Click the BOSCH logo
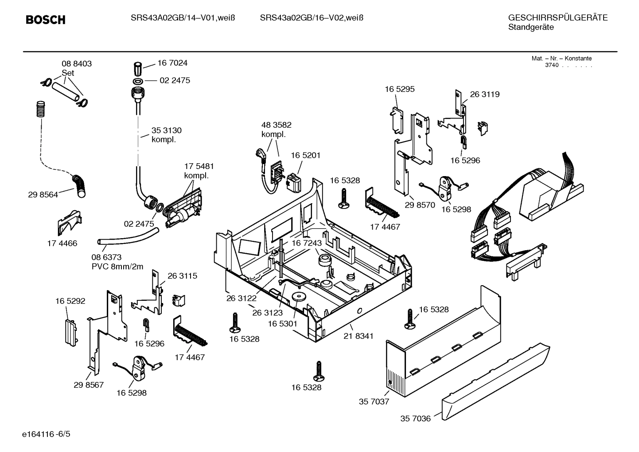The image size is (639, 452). [46, 20]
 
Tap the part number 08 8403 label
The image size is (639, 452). [77, 64]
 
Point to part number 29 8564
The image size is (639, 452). [43, 194]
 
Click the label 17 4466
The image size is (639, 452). [62, 243]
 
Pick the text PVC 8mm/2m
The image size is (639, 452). [117, 267]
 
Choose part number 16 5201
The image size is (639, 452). [305, 155]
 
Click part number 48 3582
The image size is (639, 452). [276, 125]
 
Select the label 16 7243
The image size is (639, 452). [307, 243]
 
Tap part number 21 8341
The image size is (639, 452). [358, 336]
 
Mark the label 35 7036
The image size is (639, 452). [415, 418]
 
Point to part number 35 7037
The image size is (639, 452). [374, 402]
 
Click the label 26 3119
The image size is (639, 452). [484, 94]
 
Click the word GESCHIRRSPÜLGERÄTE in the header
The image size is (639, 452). [557, 18]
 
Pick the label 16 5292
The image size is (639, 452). [70, 301]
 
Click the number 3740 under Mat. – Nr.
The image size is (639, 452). [552, 65]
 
